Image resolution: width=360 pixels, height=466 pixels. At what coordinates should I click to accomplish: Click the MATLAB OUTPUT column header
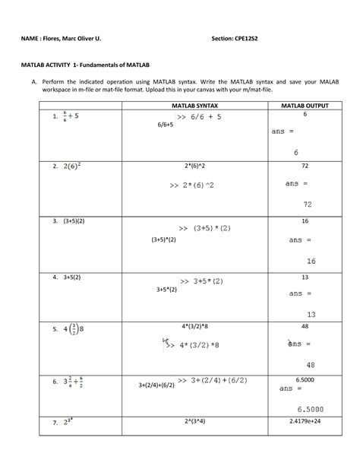pyautogui.click(x=305, y=106)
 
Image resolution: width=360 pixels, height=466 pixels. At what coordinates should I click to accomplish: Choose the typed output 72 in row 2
pyautogui.click(x=305, y=165)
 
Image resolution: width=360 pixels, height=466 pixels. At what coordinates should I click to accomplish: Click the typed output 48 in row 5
pyautogui.click(x=305, y=325)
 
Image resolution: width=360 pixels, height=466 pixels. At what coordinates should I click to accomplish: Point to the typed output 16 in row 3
pyautogui.click(x=305, y=220)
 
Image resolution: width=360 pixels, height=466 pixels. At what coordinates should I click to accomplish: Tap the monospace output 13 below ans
pyautogui.click(x=311, y=313)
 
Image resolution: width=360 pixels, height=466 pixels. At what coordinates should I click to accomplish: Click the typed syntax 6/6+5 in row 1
pyautogui.click(x=166, y=124)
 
